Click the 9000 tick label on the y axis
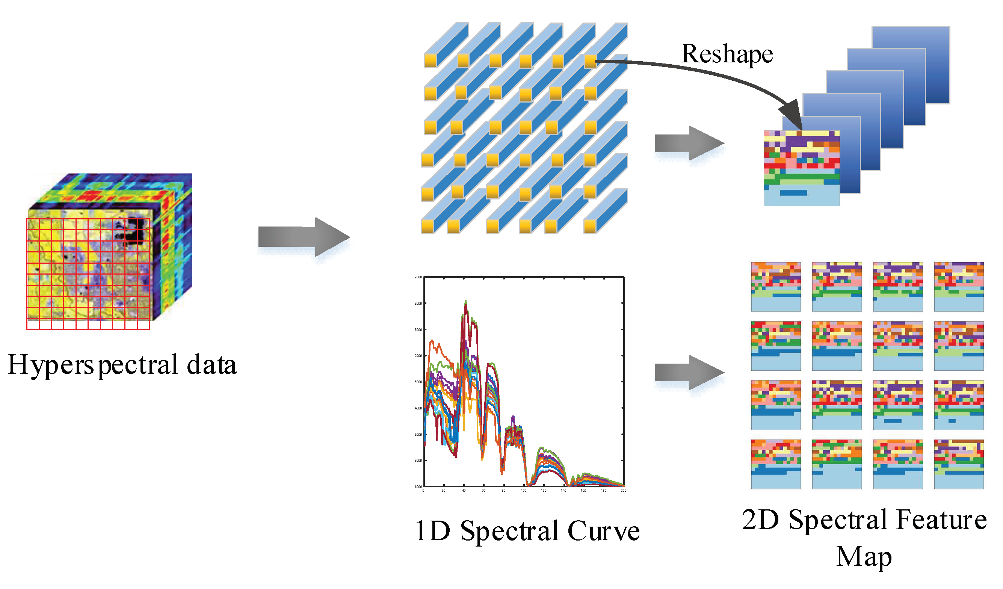coord(418,277)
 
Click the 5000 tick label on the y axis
coord(418,382)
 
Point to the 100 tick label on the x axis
coord(524,491)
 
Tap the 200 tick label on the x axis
coord(623,491)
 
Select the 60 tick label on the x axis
coord(483,491)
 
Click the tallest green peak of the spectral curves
coord(466,302)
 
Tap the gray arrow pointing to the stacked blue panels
coord(689,143)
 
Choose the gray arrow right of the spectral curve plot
coord(689,373)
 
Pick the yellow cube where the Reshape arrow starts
coord(590,61)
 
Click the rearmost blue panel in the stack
coord(931,44)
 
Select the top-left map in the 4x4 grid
coord(776,287)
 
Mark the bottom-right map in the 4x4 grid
coord(959,464)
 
